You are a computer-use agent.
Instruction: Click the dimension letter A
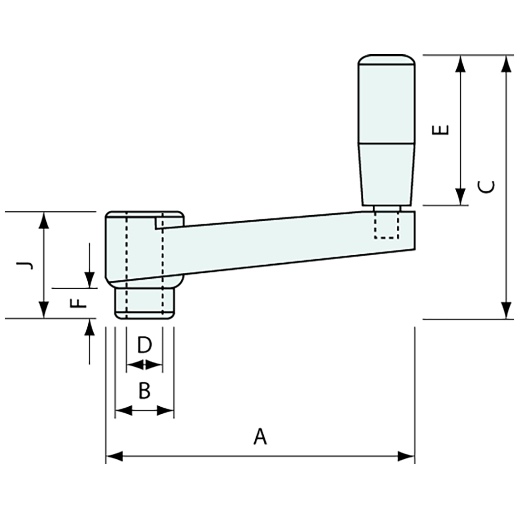260,436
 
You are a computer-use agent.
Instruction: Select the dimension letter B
144,391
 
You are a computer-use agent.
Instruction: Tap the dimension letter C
489,186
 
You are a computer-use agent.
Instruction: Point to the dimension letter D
144,345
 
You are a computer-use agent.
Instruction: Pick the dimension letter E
441,130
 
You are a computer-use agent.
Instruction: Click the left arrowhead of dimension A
114,456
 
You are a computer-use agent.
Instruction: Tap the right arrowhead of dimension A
406,456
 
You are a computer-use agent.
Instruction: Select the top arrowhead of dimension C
506,64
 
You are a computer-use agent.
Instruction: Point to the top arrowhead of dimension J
43,220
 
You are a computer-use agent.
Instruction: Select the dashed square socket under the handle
386,225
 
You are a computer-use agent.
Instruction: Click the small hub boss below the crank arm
144,302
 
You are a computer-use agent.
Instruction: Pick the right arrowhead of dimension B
166,410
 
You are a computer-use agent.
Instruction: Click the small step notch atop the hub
159,222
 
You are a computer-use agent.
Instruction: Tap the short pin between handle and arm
386,208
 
